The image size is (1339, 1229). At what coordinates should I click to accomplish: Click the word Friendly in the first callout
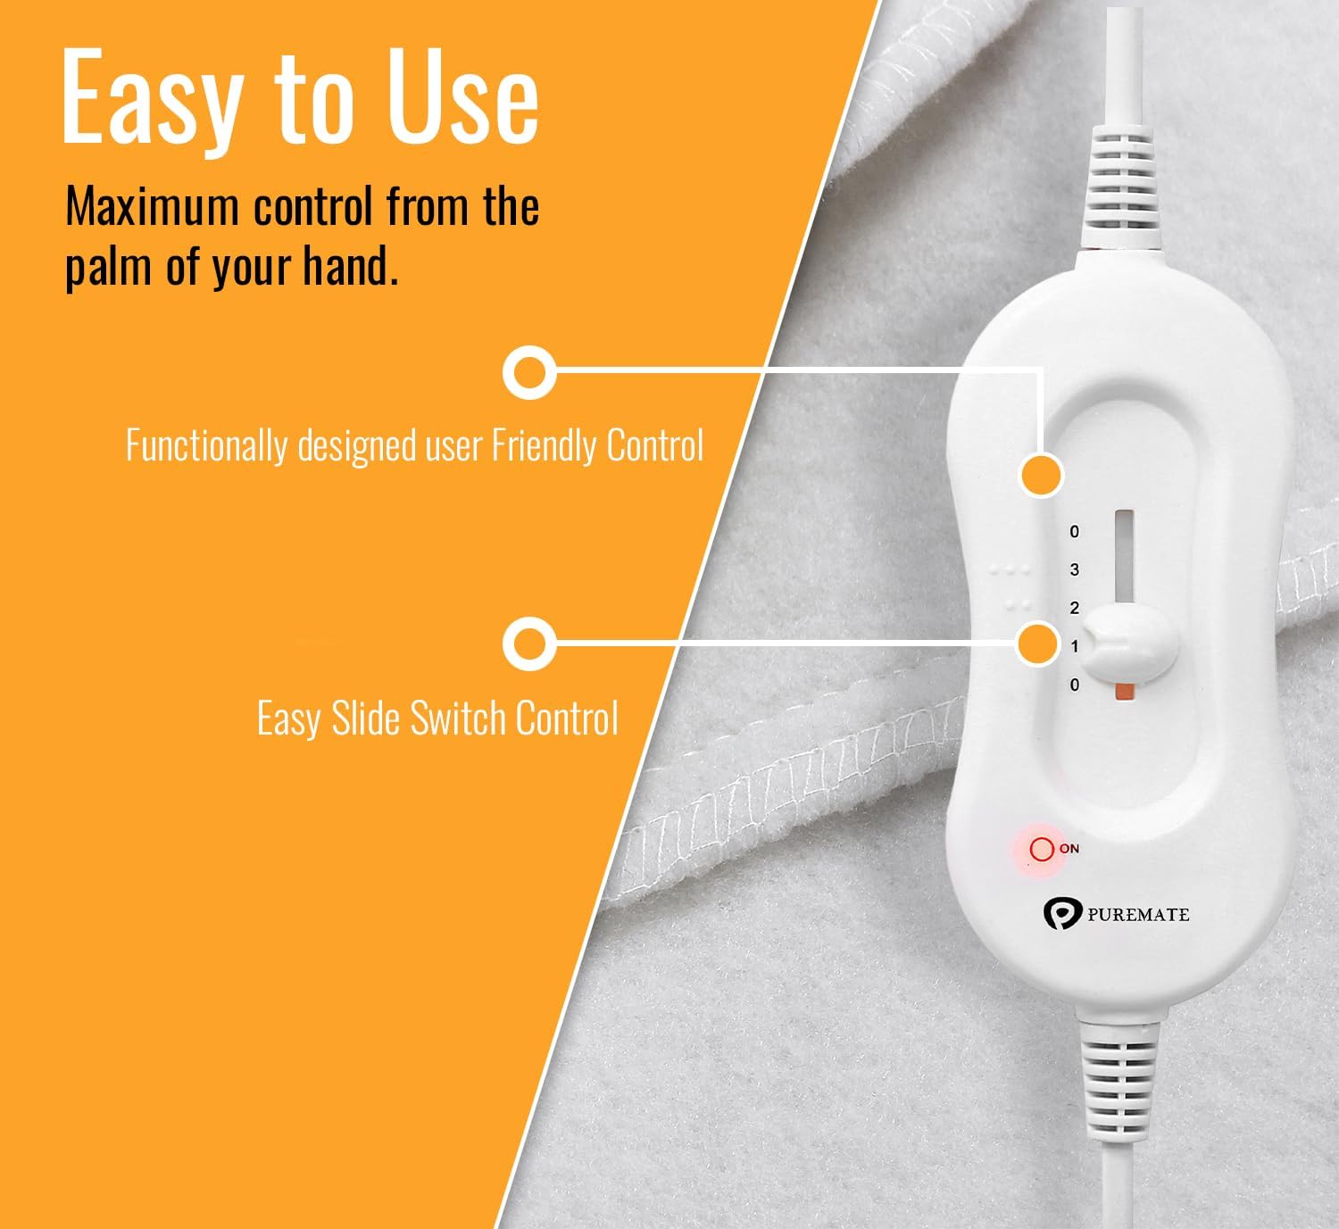(542, 444)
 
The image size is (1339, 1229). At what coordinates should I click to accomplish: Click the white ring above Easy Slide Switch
(529, 643)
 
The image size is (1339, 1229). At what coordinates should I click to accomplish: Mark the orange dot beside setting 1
(1038, 643)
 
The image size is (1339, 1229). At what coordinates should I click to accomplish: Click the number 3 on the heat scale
(1075, 569)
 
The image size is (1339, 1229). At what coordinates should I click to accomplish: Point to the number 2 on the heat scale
(1075, 608)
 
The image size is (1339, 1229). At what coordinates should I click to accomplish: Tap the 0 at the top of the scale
(1075, 532)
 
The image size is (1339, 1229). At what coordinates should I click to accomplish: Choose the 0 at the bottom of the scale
(1075, 685)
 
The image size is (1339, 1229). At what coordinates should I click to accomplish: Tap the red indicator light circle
(1041, 848)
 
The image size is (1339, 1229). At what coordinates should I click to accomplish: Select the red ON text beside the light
(1069, 848)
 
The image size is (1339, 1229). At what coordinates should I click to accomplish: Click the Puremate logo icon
(1061, 913)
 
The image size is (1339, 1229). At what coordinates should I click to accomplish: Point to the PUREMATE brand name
(1138, 914)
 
